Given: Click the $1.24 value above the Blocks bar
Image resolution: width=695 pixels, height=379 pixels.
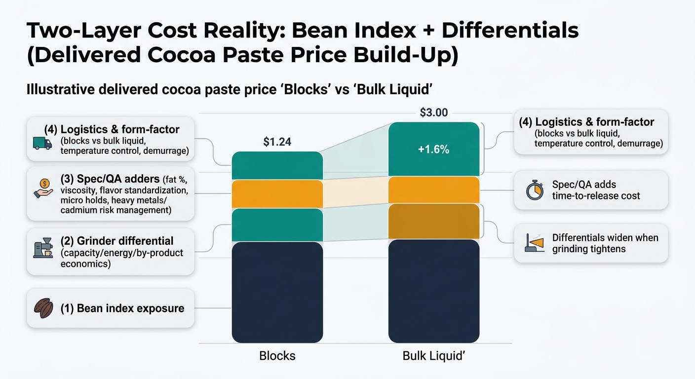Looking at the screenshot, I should pos(277,142).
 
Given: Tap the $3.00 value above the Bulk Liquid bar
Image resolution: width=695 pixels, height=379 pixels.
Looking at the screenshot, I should pos(433,113).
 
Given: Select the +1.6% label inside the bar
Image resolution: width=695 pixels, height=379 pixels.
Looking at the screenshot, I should pos(433,150).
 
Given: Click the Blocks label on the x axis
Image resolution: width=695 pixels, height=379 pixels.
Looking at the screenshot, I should pos(277,356).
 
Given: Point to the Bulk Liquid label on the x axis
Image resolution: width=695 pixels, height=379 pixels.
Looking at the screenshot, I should pos(433,356).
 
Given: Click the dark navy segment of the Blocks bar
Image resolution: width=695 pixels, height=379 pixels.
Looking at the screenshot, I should pos(277,292).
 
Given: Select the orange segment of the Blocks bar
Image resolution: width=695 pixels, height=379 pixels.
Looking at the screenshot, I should pos(277,194).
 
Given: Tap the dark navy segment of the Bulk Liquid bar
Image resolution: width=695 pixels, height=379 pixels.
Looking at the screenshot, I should pos(433,291).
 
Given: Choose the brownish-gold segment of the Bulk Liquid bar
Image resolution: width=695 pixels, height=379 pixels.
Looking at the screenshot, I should pos(433,221).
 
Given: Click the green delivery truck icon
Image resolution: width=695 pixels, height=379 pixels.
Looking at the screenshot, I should pos(42,143).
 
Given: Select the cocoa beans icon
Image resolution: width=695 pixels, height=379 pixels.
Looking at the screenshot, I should pos(43,308).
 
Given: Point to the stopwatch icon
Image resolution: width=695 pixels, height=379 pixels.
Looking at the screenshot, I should pos(535,190).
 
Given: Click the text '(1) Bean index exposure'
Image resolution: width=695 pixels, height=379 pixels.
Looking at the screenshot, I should pos(122,308).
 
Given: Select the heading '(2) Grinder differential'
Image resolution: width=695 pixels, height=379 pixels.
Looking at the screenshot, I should pos(116,241).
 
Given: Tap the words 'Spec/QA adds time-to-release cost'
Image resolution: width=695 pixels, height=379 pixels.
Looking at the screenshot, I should pos(596,190).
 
